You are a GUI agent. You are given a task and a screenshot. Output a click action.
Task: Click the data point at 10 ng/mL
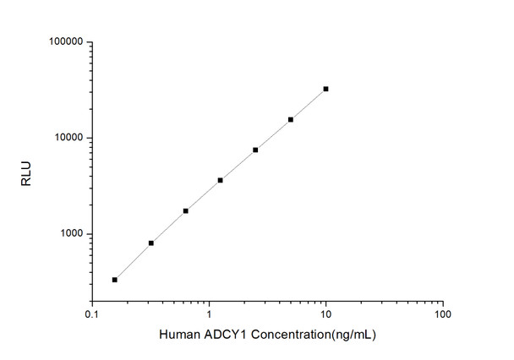point(325,89)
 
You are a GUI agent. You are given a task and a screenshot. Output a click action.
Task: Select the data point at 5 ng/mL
point(291,119)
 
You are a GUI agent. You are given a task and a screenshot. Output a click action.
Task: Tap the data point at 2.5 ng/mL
point(255,150)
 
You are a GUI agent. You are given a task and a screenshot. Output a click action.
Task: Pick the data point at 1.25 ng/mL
point(221,180)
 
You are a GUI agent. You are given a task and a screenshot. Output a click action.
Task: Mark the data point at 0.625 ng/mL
point(186,210)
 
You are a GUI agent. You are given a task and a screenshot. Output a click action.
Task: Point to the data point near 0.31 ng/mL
point(150,243)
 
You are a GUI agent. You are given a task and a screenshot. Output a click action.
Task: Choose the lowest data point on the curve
point(115,279)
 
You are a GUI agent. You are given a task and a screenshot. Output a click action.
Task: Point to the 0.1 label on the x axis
point(92,313)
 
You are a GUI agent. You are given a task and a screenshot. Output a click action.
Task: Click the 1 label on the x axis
point(209,313)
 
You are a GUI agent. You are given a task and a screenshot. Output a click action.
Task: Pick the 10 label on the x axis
point(325,313)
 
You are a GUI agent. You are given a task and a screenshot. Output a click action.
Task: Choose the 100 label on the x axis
point(441,313)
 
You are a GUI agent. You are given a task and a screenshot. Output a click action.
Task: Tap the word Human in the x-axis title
point(178,335)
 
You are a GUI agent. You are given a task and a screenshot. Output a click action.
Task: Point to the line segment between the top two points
point(309,104)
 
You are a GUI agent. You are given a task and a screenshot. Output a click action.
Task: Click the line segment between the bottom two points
point(133,261)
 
